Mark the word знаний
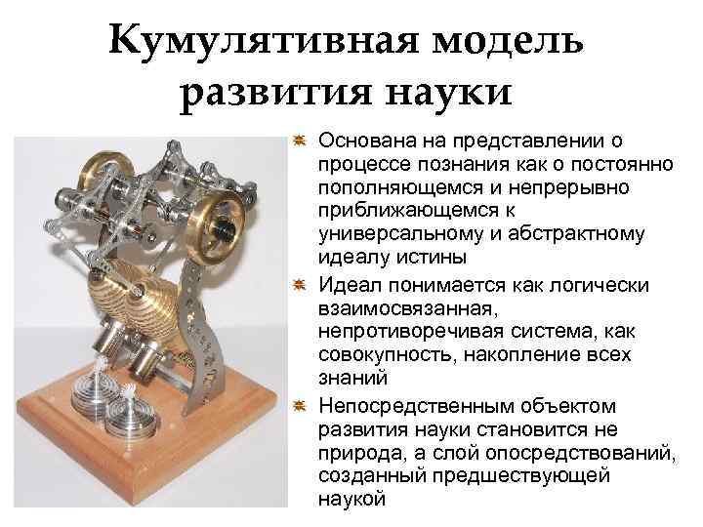[x=348, y=379]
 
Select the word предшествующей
[x=535, y=475]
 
